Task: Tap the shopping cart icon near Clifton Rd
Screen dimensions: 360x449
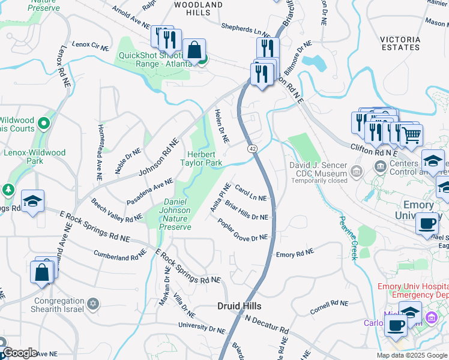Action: (x=411, y=136)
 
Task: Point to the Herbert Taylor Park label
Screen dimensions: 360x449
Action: (x=197, y=158)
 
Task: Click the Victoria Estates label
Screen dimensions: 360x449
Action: (x=400, y=43)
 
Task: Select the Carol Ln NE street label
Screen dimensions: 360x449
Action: (x=250, y=193)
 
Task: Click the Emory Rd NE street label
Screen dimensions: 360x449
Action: (x=295, y=254)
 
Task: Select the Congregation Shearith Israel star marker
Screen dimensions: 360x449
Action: (x=92, y=303)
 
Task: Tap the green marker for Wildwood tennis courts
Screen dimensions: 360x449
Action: (x=43, y=124)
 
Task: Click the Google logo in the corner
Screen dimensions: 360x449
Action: (x=20, y=353)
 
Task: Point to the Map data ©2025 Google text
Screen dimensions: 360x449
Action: (x=411, y=355)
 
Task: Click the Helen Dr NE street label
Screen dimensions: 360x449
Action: (x=222, y=127)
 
